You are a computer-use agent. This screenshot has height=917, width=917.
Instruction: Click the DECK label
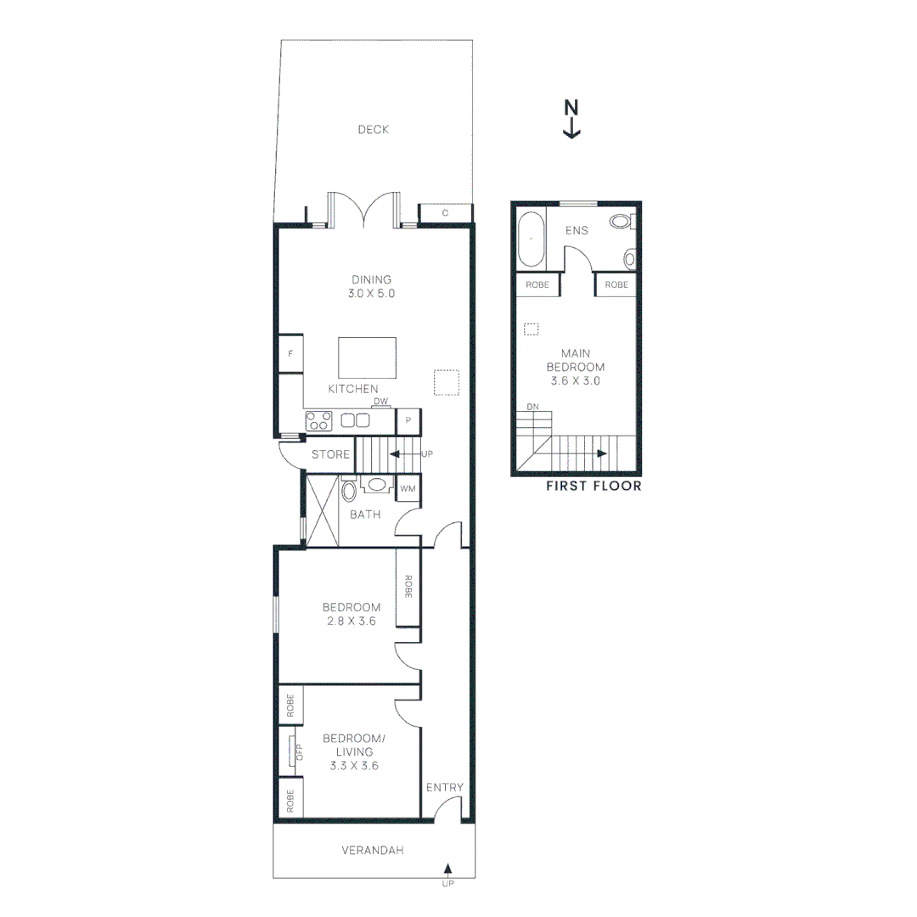click(x=373, y=130)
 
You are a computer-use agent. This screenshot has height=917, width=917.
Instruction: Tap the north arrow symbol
click(x=571, y=119)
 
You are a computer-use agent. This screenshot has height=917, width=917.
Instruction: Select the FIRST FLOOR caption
click(x=594, y=487)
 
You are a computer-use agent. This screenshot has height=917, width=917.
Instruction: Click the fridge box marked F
click(x=290, y=353)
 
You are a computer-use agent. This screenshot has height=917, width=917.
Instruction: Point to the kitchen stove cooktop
click(x=319, y=419)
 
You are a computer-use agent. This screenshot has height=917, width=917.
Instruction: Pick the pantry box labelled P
click(x=408, y=419)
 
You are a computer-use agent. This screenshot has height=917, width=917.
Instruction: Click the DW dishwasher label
click(x=380, y=402)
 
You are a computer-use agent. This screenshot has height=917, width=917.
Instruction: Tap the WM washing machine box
click(x=408, y=488)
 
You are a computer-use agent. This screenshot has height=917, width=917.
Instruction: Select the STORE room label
click(x=330, y=455)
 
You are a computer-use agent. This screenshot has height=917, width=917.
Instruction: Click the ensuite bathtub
click(x=531, y=239)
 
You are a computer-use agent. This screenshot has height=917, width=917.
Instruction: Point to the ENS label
click(x=577, y=230)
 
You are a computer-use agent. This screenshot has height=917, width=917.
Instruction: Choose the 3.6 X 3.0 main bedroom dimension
click(x=576, y=381)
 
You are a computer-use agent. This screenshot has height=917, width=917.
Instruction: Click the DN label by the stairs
click(x=533, y=408)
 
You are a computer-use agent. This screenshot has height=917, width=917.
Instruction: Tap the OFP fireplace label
click(x=298, y=751)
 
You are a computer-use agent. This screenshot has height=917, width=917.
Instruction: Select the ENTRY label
click(x=445, y=788)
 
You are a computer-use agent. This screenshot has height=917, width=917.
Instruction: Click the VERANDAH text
click(x=373, y=850)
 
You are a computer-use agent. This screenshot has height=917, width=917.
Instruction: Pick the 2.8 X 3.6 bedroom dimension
click(x=351, y=622)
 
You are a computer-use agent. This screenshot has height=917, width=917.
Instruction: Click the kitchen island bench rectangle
click(x=367, y=357)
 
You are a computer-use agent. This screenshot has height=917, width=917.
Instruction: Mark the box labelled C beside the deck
click(x=445, y=213)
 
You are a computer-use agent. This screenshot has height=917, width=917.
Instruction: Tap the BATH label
click(x=365, y=515)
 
